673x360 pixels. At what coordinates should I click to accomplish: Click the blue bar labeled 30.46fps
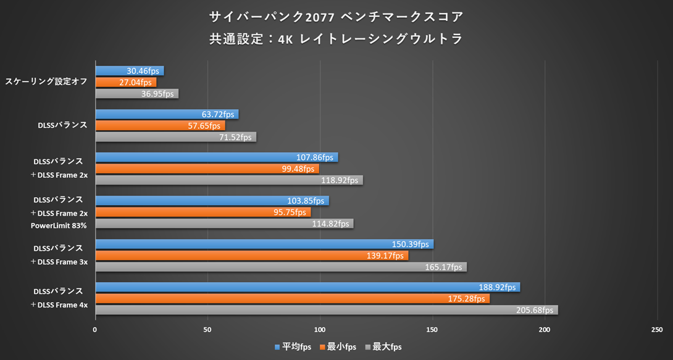click(x=129, y=71)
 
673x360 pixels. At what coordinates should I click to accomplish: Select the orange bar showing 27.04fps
click(x=125, y=82)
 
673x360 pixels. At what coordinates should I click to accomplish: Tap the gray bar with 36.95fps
click(x=136, y=94)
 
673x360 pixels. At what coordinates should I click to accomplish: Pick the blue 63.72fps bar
click(x=167, y=114)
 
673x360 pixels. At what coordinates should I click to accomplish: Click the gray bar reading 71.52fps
click(x=175, y=137)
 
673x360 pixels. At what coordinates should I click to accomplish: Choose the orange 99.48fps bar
click(x=207, y=169)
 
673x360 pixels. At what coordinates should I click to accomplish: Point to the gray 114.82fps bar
click(x=224, y=224)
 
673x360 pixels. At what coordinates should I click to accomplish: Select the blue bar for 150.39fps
click(x=264, y=244)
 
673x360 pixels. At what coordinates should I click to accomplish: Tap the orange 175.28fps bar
click(x=292, y=299)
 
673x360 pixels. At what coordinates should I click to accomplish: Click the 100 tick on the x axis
click(x=320, y=330)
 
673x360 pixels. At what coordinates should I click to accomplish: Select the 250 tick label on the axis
click(x=657, y=330)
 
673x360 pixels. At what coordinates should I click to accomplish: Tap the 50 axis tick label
click(x=207, y=330)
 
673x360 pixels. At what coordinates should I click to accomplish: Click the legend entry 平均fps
click(x=293, y=347)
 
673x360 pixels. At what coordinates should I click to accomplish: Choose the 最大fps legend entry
click(x=383, y=347)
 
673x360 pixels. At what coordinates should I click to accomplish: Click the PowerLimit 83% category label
click(x=59, y=225)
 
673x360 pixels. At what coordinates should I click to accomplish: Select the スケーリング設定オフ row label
click(x=46, y=82)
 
